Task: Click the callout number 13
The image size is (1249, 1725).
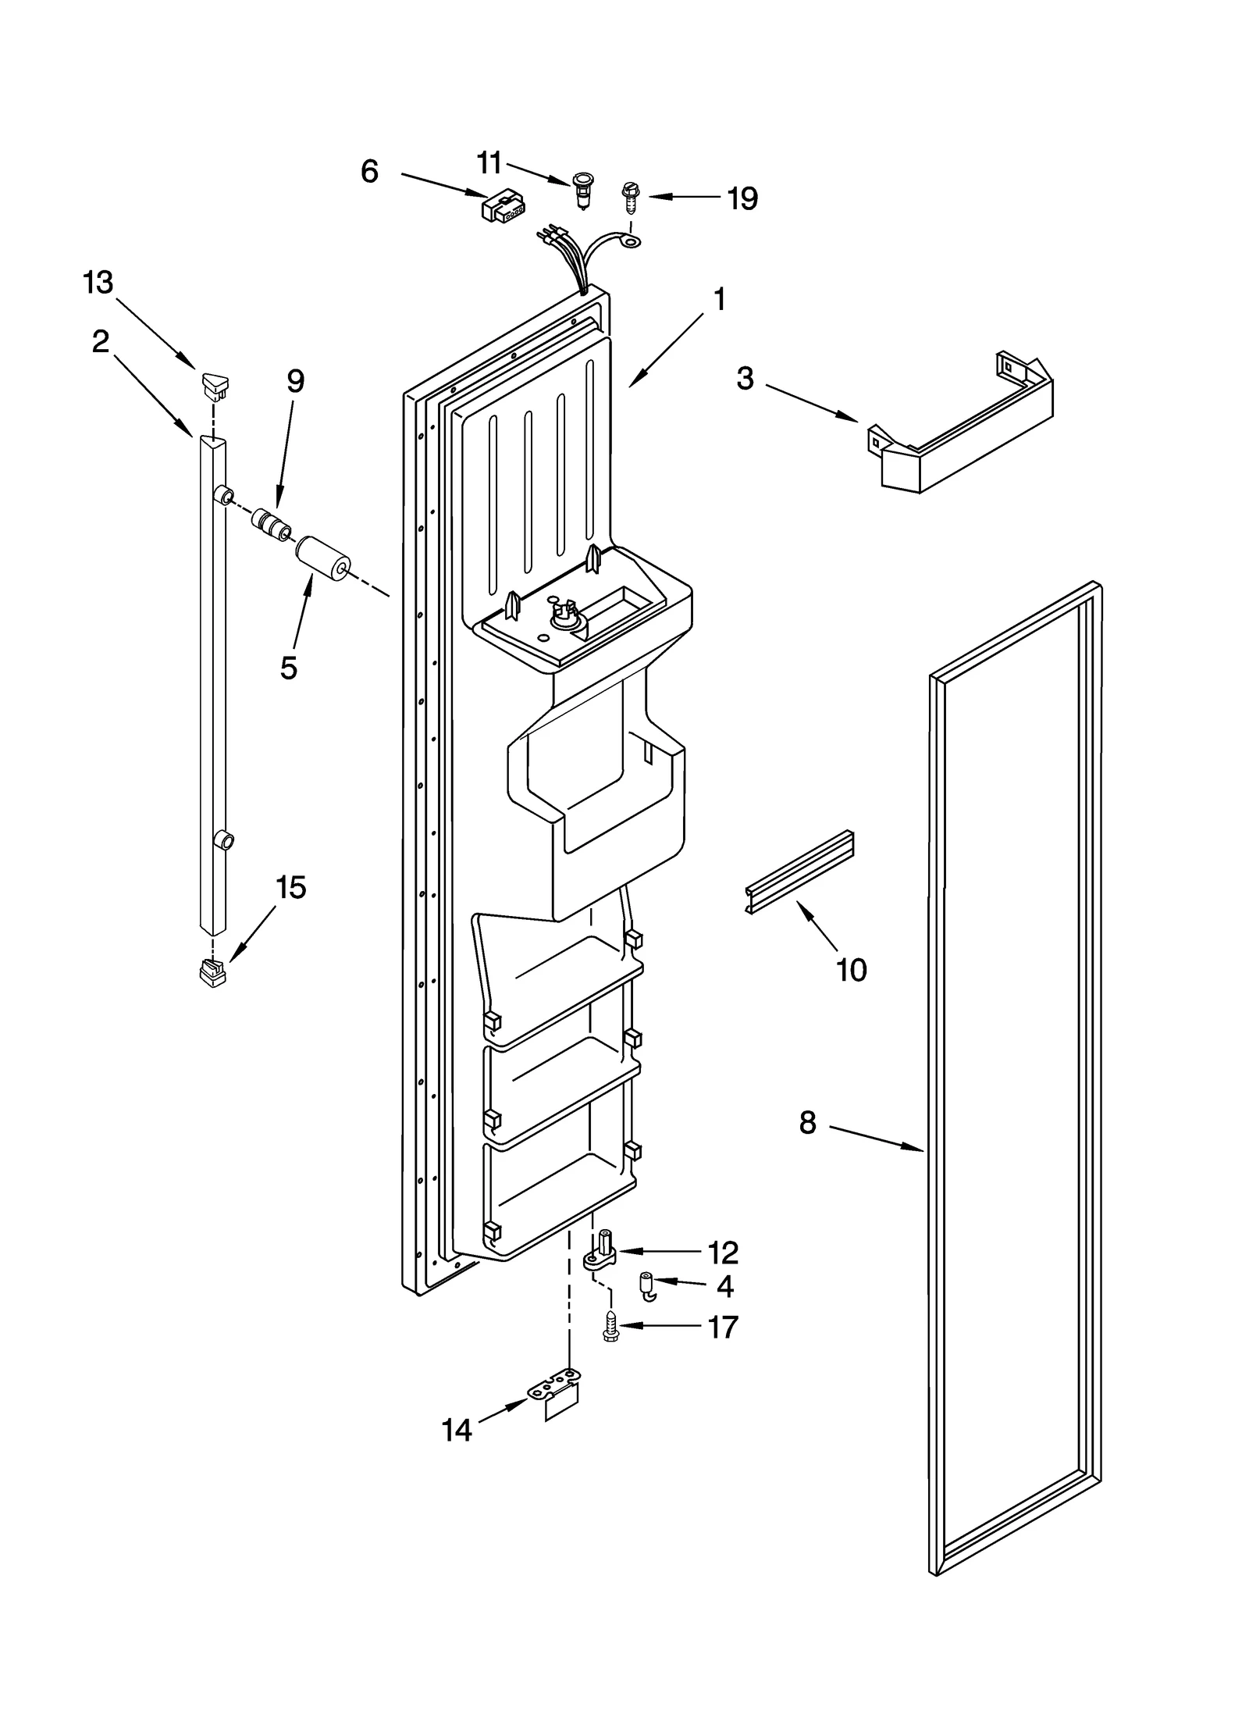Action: pyautogui.click(x=98, y=283)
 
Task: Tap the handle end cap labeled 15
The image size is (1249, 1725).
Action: pyautogui.click(x=212, y=974)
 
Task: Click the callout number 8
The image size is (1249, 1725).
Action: pyautogui.click(x=807, y=1123)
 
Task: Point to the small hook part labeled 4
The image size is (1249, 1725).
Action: pyautogui.click(x=647, y=1285)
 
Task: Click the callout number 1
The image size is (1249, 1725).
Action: pyautogui.click(x=720, y=299)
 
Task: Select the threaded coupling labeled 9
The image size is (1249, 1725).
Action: pyautogui.click(x=271, y=522)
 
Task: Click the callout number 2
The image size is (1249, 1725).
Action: pyautogui.click(x=100, y=341)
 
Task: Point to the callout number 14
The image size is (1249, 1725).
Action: pyautogui.click(x=457, y=1430)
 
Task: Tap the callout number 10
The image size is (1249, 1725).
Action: pyautogui.click(x=851, y=970)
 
